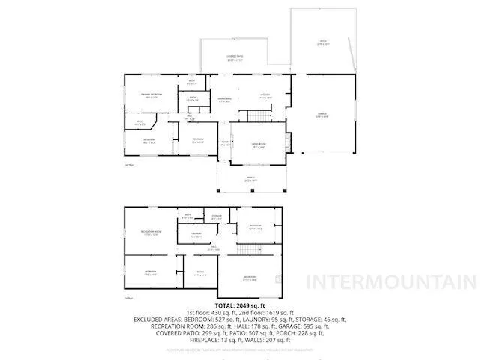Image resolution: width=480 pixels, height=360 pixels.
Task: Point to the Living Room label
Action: click(259, 146)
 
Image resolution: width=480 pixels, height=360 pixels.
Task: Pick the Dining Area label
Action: click(224, 99)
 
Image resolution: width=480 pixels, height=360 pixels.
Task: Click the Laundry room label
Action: click(196, 235)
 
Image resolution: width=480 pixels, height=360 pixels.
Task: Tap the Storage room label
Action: click(217, 218)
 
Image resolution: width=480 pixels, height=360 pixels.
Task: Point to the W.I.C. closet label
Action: click(140, 122)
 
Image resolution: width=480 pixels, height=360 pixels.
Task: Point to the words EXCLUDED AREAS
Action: click(159, 319)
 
